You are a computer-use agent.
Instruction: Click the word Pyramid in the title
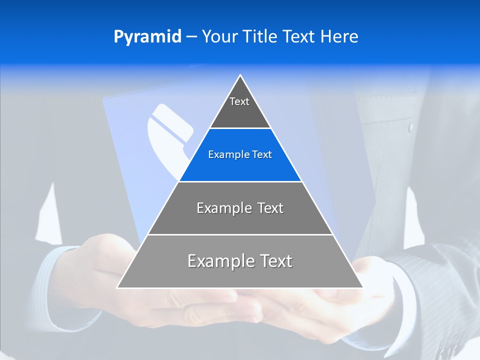point(147,37)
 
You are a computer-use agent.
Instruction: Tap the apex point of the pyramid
point(240,75)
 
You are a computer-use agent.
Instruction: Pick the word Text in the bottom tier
point(274,261)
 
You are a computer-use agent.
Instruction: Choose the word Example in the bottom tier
point(218,261)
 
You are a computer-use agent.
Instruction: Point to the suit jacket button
point(411,127)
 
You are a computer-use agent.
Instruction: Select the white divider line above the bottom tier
point(240,234)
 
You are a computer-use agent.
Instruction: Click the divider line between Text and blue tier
point(240,128)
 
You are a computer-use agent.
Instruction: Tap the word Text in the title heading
point(300,37)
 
